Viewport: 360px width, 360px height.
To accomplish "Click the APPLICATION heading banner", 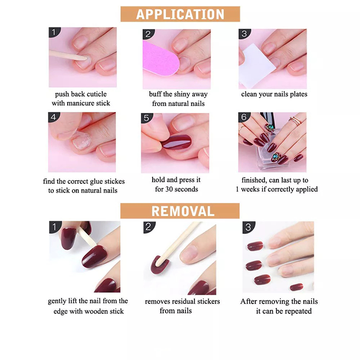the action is click(x=180, y=14).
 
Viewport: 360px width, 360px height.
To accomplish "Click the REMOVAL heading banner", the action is click(x=180, y=211).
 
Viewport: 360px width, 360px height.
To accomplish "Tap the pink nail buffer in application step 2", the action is click(x=159, y=59).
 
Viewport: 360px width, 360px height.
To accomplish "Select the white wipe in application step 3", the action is click(x=257, y=65).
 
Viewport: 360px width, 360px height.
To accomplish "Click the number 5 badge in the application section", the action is click(x=146, y=118).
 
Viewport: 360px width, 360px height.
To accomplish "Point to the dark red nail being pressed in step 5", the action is click(x=177, y=143).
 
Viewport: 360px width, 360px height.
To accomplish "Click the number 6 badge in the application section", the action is click(x=243, y=117).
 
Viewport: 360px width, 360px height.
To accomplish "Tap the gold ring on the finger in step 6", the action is click(x=296, y=120).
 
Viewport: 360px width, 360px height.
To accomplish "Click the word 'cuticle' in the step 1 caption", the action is click(x=96, y=94).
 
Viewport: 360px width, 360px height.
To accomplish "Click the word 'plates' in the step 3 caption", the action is click(x=299, y=94).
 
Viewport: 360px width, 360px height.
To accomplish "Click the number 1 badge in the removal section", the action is click(x=54, y=227).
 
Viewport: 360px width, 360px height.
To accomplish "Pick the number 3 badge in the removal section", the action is click(x=248, y=228).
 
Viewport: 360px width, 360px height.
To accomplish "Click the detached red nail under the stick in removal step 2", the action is click(x=159, y=264).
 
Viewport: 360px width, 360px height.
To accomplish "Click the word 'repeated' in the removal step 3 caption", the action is click(x=299, y=312).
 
